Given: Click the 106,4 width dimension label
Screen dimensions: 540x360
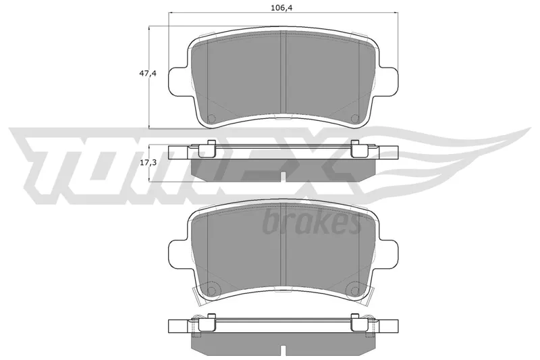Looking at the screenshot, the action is click(281, 8).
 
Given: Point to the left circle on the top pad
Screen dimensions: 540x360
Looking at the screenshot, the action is click(211, 118).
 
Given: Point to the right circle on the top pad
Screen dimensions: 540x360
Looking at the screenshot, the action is click(355, 118).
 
